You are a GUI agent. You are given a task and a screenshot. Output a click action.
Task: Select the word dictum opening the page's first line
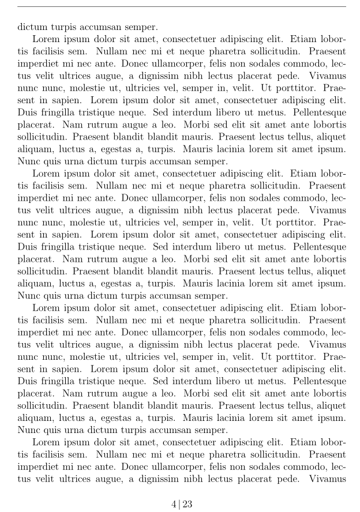(32, 27)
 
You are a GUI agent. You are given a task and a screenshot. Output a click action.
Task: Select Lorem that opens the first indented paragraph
(46, 39)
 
